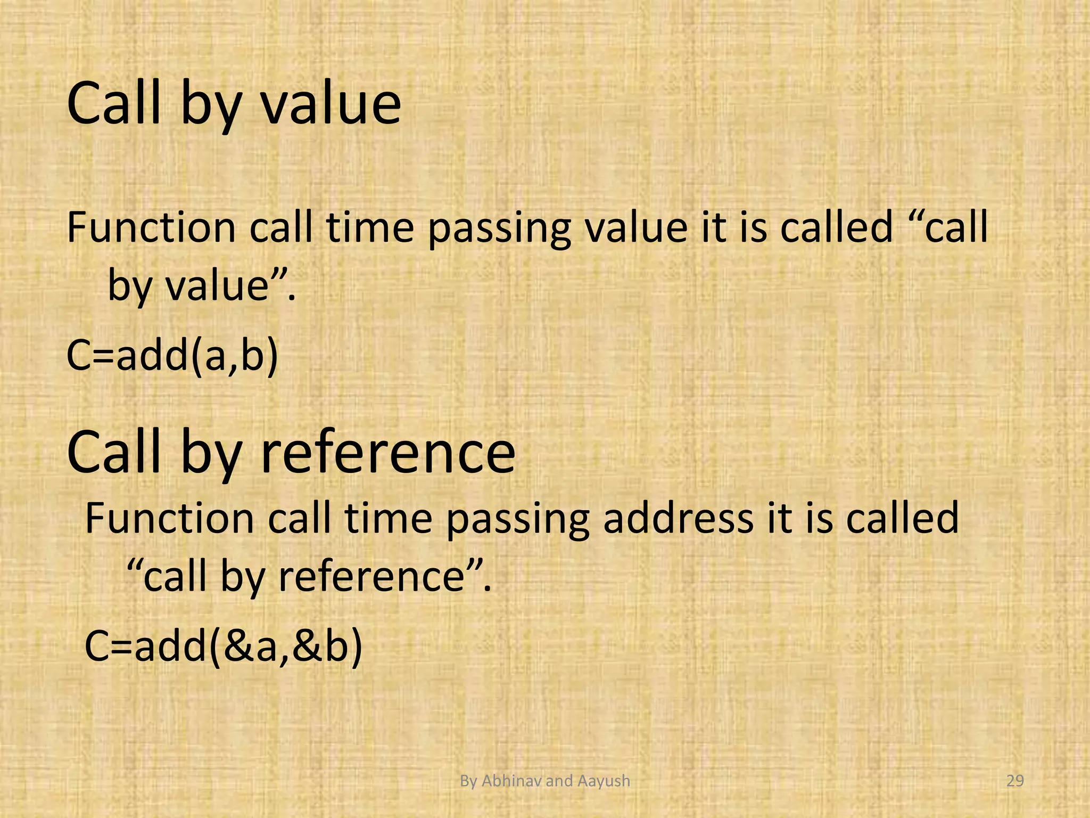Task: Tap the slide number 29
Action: point(1015,781)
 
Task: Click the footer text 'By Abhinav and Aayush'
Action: point(544,781)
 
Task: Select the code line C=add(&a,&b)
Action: point(224,646)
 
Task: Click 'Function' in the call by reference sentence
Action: point(169,518)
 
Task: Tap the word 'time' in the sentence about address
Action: point(388,518)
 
